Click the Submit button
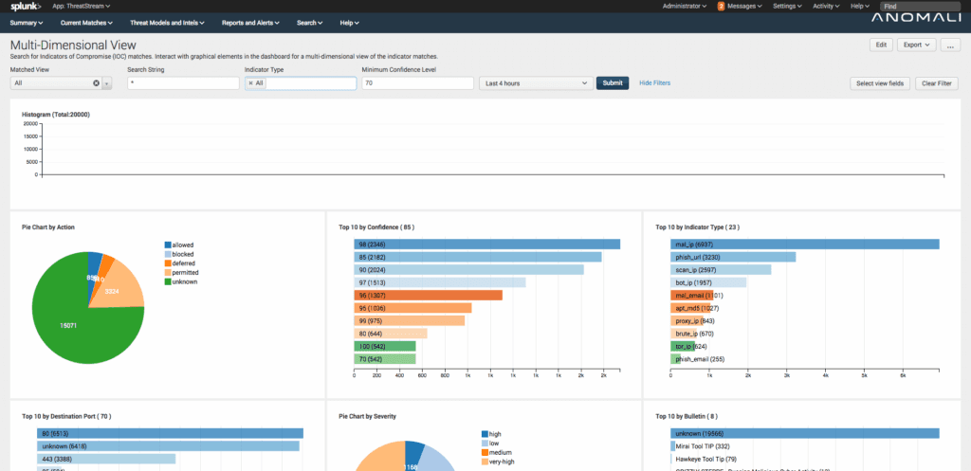(613, 83)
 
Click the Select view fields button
(881, 83)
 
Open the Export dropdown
(915, 45)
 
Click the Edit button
(881, 45)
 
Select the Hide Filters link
(654, 83)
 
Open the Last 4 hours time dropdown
(536, 83)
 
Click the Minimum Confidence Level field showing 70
(417, 83)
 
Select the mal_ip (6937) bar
(805, 245)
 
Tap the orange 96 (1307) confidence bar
(428, 296)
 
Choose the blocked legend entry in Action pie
(183, 254)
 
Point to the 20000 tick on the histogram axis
(29, 123)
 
